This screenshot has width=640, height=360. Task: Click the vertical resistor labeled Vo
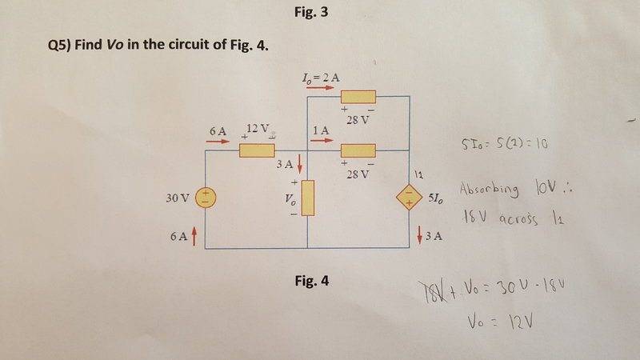(308, 198)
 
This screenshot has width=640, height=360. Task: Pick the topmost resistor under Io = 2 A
(358, 97)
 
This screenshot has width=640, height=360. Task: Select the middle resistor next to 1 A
(358, 150)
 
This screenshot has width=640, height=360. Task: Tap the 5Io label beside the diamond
(438, 197)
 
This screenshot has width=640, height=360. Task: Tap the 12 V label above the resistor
(259, 129)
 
